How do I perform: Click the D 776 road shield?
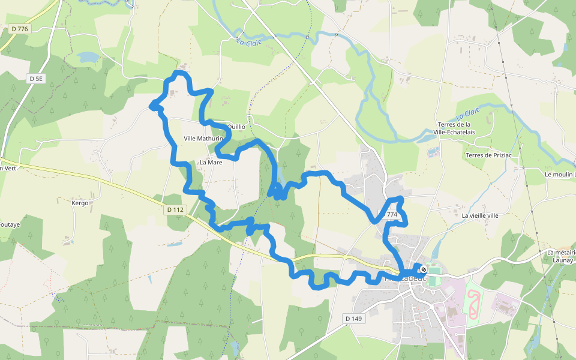(x=20, y=29)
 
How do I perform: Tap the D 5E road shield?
(x=37, y=78)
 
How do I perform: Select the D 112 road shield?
(x=175, y=209)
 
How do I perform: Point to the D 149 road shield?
(x=354, y=318)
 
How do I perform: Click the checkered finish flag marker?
(x=423, y=269)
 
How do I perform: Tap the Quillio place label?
(x=236, y=127)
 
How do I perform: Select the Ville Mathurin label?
(x=203, y=139)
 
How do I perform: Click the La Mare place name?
(x=211, y=163)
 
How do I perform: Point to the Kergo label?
(x=80, y=203)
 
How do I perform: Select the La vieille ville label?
(x=480, y=215)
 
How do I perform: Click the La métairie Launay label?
(x=562, y=257)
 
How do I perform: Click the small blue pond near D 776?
(x=88, y=57)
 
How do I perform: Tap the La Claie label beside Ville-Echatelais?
(x=467, y=112)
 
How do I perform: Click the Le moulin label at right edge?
(x=560, y=175)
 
